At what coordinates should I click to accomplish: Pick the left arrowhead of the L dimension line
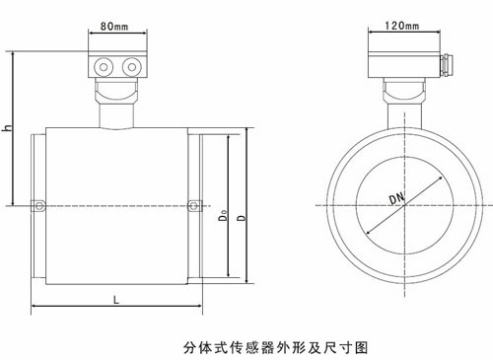(35, 309)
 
